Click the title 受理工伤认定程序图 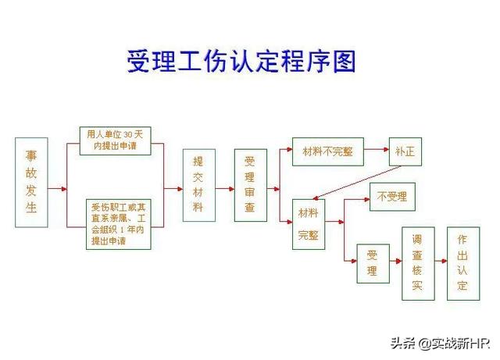(241, 62)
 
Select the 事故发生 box (31, 183)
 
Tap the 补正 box (405, 151)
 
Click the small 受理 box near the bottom (373, 263)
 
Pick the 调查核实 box (418, 263)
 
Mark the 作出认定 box (462, 263)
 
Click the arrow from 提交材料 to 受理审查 (224, 188)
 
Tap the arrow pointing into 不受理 (358, 199)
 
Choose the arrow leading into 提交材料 (173, 188)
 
